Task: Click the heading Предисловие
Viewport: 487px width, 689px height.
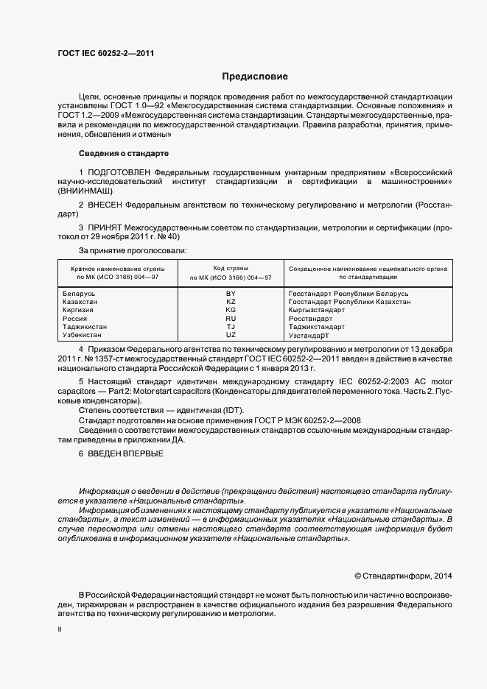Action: pyautogui.click(x=256, y=77)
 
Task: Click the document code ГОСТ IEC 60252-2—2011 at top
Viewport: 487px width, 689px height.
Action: pyautogui.click(x=105, y=53)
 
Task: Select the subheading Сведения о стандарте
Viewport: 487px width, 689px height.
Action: pyautogui.click(x=123, y=153)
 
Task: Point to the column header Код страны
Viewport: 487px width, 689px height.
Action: pyautogui.click(x=231, y=269)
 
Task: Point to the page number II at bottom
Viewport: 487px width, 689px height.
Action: pyautogui.click(x=60, y=630)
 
